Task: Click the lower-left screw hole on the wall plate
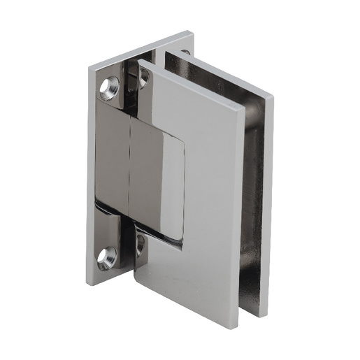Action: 106,257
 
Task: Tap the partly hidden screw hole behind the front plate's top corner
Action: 143,79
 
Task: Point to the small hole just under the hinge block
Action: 140,244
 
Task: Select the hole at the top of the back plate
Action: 185,52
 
